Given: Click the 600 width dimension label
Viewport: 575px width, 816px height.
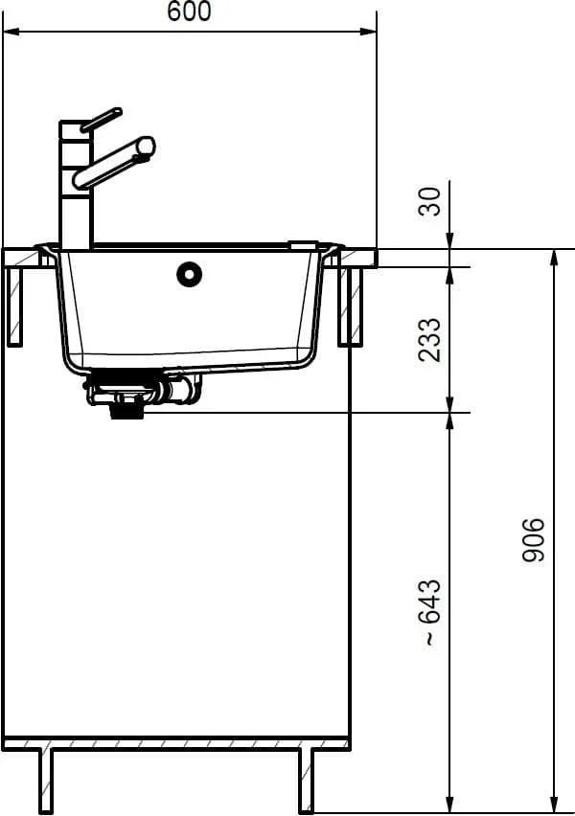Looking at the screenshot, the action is tap(189, 11).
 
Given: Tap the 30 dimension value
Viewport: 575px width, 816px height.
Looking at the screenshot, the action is tap(430, 201).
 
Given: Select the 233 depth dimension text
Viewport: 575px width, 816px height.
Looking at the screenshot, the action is tap(430, 340).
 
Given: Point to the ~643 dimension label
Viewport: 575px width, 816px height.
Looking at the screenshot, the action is tap(431, 612).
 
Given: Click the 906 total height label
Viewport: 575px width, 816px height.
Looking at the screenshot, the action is tap(534, 539).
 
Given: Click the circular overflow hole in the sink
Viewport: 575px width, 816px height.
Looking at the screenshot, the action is tap(189, 274).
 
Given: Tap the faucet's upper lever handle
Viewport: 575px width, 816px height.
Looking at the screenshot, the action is tap(101, 120).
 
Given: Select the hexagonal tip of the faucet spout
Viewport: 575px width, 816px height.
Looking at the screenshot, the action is tap(146, 147).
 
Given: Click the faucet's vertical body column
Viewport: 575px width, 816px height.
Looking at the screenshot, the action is tap(77, 185).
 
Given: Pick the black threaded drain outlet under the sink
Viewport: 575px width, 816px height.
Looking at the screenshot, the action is tap(127, 411).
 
